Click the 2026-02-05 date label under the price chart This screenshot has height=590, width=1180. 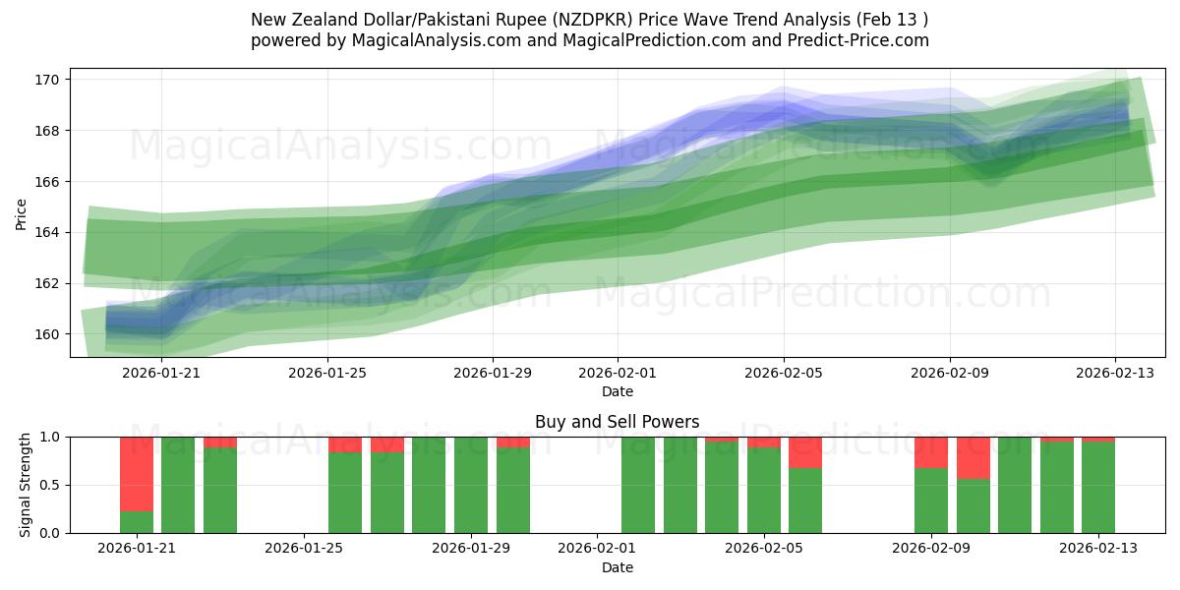tap(784, 374)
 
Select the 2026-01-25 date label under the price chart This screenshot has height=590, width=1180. tap(327, 374)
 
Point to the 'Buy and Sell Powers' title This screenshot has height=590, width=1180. tap(617, 422)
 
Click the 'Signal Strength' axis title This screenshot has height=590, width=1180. tap(26, 485)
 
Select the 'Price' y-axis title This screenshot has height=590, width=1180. tap(22, 212)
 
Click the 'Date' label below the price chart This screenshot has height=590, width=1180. tap(617, 391)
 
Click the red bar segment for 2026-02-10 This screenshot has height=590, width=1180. tap(973, 457)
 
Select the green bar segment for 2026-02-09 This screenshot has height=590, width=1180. tap(931, 501)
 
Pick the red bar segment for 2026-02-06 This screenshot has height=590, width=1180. tap(805, 452)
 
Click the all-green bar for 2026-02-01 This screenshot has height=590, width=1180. tap(638, 485)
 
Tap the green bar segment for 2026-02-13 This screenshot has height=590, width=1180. tap(1098, 488)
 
